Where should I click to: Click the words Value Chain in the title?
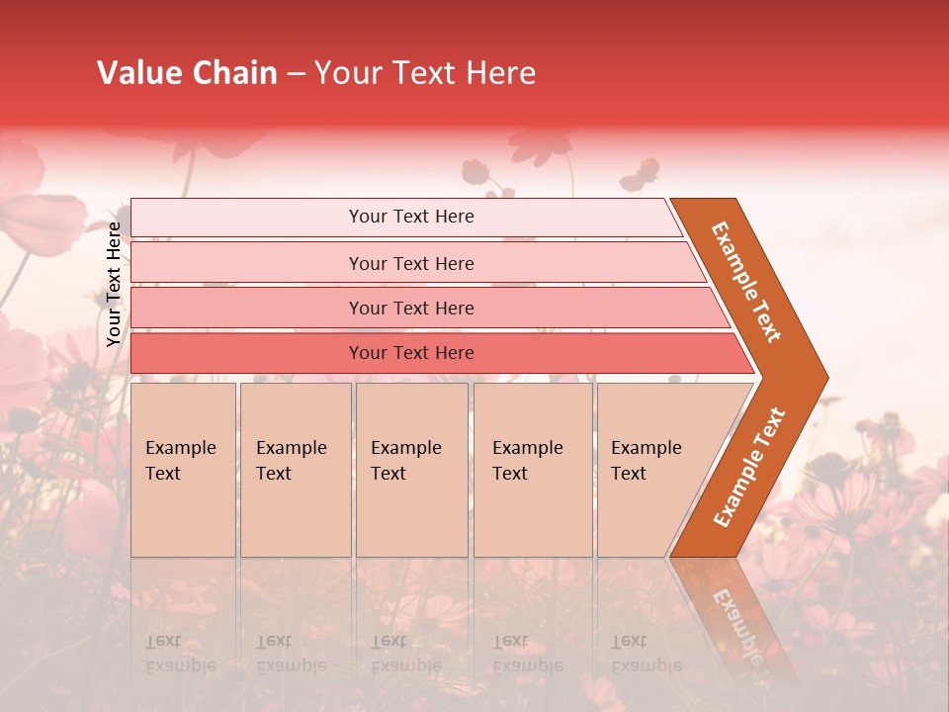187,73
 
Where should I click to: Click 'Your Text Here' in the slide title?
424,73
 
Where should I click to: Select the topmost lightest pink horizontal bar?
410,217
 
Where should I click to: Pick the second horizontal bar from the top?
410,263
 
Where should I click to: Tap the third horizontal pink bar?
410,308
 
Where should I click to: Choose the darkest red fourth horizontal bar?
410,353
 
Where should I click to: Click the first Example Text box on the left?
183,470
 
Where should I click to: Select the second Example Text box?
295,470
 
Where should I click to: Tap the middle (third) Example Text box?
411,470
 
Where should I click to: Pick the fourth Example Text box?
532,470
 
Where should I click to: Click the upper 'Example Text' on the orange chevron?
746,282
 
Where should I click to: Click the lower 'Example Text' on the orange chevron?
749,467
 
